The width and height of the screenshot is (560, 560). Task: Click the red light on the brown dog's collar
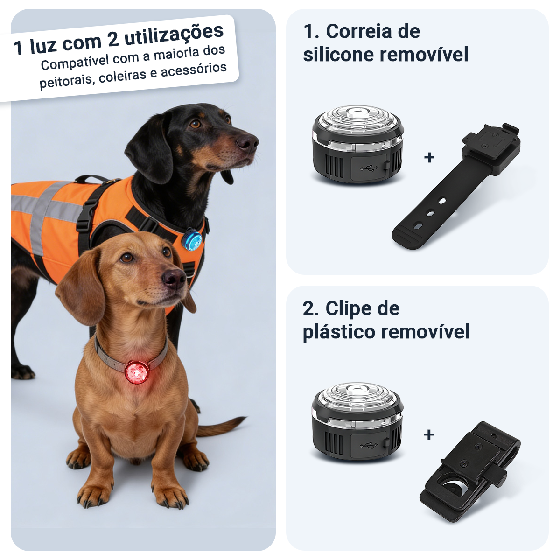coord(137,371)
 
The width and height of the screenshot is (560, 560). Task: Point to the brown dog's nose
coord(175,279)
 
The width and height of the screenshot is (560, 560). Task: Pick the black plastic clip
coord(469,471)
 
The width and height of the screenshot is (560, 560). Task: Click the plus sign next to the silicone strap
coord(429,157)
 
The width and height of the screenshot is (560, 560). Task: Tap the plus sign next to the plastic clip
coord(429,435)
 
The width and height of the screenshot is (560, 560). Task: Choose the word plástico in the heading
coord(339,332)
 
